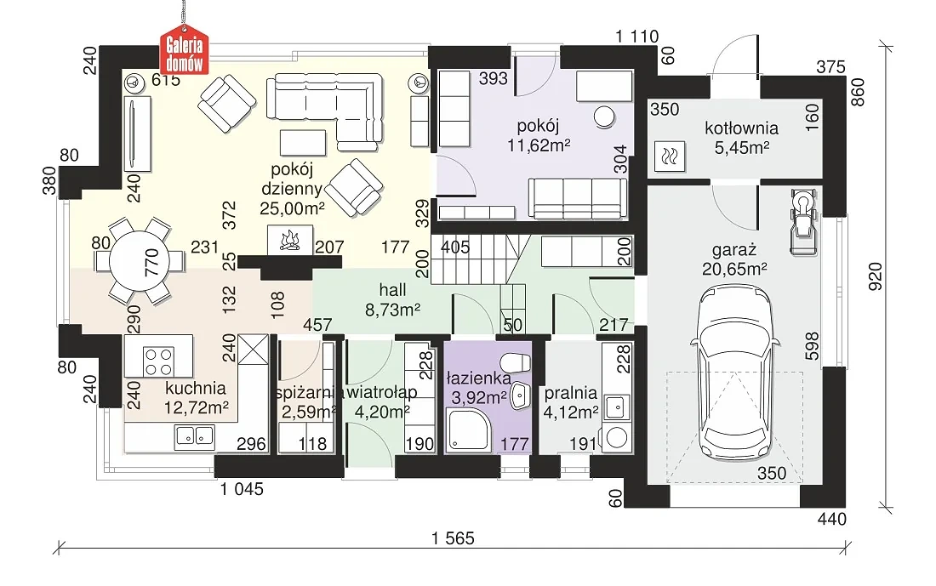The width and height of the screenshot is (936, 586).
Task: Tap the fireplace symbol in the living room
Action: [x=290, y=239]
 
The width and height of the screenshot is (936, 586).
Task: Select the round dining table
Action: [x=141, y=261]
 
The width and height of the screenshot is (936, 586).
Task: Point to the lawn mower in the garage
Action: [x=803, y=221]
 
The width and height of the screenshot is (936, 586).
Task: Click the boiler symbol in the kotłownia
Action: [x=669, y=156]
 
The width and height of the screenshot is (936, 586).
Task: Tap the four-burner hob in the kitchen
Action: [x=159, y=361]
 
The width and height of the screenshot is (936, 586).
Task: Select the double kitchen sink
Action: [x=195, y=436]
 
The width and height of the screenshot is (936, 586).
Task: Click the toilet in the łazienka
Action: [x=516, y=361]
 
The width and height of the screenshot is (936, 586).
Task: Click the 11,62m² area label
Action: [x=539, y=145]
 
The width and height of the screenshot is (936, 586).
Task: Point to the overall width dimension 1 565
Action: [x=453, y=538]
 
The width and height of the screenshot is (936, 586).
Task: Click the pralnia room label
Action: [x=571, y=393]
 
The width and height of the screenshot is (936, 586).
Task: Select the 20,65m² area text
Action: [x=734, y=269]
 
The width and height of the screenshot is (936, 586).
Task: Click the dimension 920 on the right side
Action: [x=875, y=276]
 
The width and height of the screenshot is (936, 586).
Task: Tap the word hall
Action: [x=392, y=290]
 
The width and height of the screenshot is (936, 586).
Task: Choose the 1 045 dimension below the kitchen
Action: [x=242, y=489]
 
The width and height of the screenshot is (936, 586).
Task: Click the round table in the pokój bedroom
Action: [x=605, y=117]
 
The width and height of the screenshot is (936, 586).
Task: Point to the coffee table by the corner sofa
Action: [x=303, y=143]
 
